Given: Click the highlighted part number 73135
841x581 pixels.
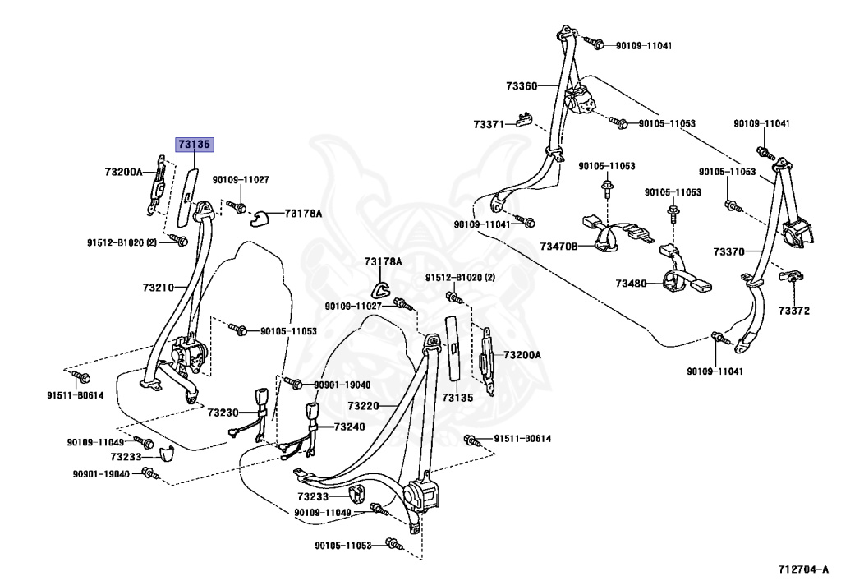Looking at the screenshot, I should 195,145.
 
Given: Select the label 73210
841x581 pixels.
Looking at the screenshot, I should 159,288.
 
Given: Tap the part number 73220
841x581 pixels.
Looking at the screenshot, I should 363,406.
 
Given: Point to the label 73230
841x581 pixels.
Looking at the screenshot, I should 223,413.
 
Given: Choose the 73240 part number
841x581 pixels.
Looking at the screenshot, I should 349,427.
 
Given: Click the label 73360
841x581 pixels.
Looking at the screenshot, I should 522,85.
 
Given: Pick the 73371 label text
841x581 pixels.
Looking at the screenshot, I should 489,124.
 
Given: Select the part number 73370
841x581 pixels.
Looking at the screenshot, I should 728,251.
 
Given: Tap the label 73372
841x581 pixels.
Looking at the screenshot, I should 794,311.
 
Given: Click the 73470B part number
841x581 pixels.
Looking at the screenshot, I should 558,246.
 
